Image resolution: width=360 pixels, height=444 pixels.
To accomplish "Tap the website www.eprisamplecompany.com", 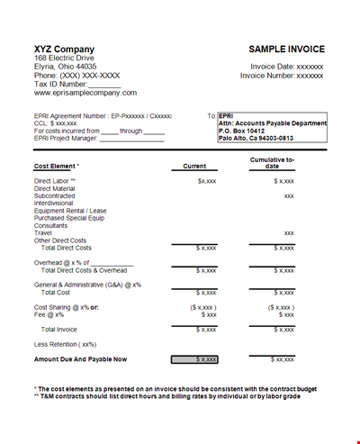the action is (x=85, y=93).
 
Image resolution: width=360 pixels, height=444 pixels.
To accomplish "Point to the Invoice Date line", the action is (x=286, y=66).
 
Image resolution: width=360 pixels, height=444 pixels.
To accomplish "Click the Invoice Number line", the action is (x=281, y=76).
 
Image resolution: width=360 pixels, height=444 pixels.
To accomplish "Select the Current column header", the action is (x=194, y=166).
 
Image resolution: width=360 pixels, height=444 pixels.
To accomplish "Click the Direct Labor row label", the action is (x=55, y=181).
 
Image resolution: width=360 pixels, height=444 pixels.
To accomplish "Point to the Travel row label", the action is (x=42, y=232).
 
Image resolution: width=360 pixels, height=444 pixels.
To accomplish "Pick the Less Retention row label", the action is (x=64, y=345).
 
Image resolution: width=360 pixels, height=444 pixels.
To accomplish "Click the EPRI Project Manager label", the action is (x=67, y=138).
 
